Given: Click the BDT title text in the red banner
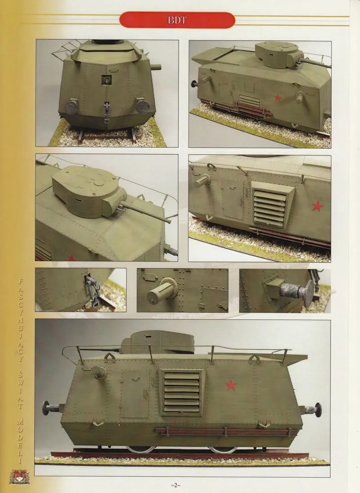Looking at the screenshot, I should click(x=177, y=20).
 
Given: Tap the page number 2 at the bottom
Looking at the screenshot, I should click(x=175, y=485).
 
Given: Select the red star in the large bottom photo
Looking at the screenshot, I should click(x=231, y=385).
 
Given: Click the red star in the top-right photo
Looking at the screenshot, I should click(x=278, y=97).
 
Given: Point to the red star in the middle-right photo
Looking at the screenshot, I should click(x=318, y=206).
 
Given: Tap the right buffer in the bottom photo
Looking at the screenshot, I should click(x=315, y=410).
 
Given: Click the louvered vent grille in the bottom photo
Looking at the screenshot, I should click(x=182, y=392).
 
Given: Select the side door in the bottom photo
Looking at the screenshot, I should click(x=135, y=394).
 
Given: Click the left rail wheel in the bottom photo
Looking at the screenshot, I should click(x=141, y=449).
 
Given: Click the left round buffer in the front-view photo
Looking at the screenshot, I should click(x=71, y=107).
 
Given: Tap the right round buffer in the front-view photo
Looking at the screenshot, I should click(x=142, y=106).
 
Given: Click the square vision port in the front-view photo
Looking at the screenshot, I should click(x=107, y=80).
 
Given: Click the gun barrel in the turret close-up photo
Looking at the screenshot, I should click(x=146, y=212).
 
